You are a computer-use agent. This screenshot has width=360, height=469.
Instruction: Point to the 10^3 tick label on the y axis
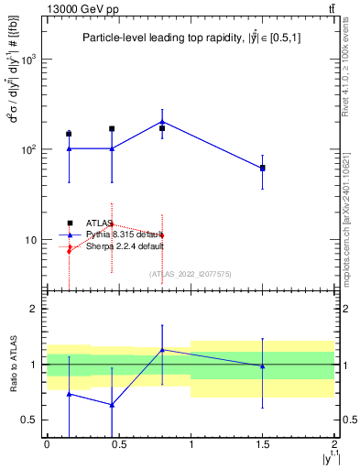click(x=30, y=59)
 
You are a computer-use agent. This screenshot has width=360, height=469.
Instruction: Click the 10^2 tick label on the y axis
click(x=30, y=149)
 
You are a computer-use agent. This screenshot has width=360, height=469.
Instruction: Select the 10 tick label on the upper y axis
click(x=33, y=240)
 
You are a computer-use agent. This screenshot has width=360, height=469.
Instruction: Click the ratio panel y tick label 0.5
click(x=33, y=420)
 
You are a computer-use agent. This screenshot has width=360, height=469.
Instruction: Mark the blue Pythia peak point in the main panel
click(x=162, y=121)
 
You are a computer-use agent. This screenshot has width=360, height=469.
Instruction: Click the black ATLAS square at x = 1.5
click(x=263, y=169)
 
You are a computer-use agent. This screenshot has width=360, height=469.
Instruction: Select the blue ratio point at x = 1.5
click(x=263, y=366)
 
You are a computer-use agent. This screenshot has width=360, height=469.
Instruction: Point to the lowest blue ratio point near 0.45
click(x=112, y=405)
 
